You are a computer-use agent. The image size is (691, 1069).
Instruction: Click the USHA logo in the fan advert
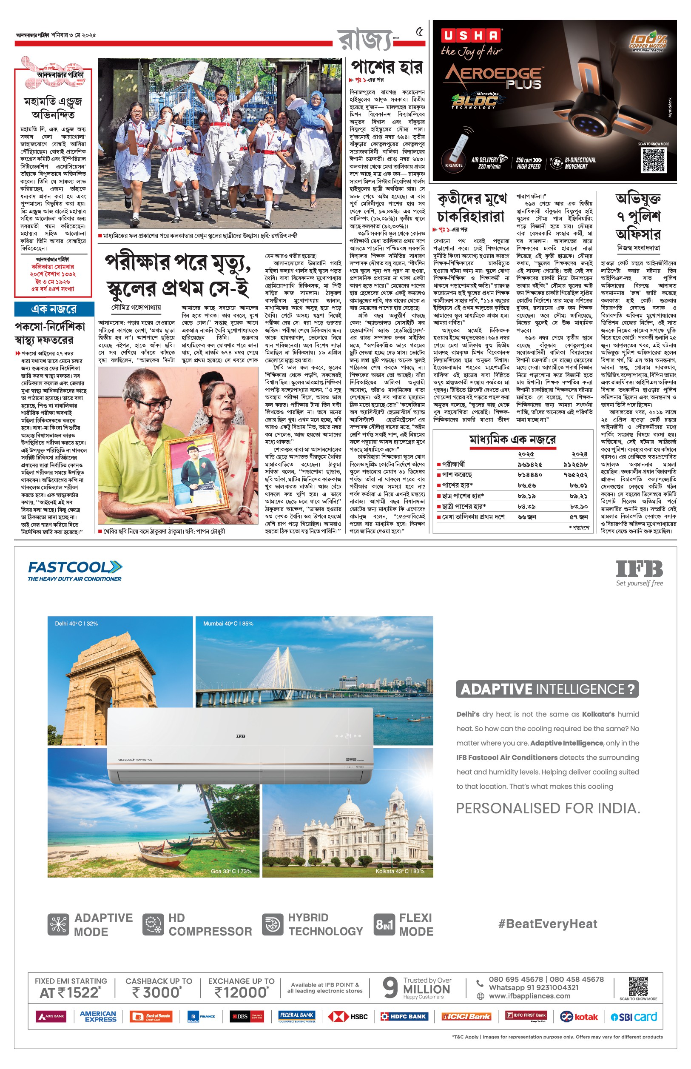471,35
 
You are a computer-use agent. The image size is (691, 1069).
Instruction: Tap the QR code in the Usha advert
653,160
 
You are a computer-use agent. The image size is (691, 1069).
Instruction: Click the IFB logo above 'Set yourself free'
639,569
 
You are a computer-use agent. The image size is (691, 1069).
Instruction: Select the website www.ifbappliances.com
529,996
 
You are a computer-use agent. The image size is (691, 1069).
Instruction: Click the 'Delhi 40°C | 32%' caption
76,623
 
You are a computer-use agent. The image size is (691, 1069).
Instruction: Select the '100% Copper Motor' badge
648,42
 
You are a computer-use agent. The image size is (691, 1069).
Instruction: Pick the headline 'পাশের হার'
387,67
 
